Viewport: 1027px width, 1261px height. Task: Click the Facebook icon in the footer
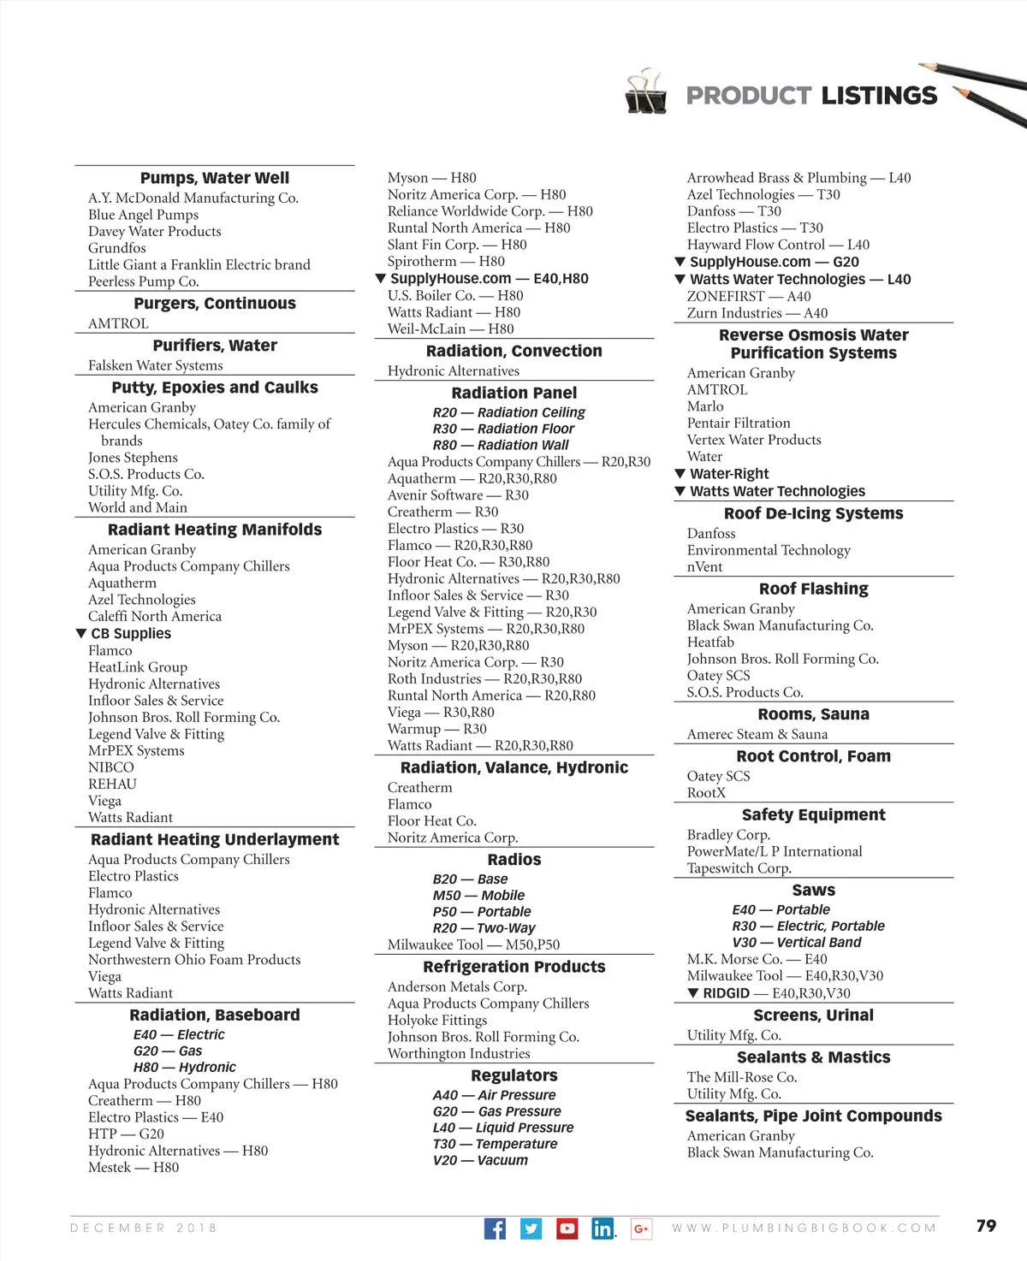coord(495,1228)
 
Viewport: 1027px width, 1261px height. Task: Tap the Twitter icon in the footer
coord(531,1228)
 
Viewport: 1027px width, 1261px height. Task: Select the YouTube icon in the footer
coord(567,1228)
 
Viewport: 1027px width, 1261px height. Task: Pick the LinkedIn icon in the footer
coord(603,1228)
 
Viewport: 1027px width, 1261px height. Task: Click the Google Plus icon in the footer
coord(641,1228)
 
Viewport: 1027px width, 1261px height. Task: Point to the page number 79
coord(986,1226)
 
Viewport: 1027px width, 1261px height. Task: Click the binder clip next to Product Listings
coord(645,92)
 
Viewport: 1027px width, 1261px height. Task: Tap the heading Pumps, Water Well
coord(215,178)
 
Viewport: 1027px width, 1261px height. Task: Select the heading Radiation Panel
coord(513,393)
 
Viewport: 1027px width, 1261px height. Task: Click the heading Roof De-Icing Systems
coord(813,513)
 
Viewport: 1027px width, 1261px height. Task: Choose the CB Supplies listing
coord(130,634)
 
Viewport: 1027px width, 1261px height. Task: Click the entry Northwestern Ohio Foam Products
coord(194,960)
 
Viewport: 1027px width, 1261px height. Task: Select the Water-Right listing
coord(729,474)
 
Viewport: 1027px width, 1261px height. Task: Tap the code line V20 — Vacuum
coord(480,1161)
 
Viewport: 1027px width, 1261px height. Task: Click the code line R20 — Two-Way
coord(484,928)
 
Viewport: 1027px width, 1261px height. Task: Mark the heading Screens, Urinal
coord(813,1015)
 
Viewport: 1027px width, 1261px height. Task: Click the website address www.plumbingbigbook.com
coord(804,1228)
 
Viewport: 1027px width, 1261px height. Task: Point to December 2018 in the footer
coord(144,1228)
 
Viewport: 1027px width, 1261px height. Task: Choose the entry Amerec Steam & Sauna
coord(757,734)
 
